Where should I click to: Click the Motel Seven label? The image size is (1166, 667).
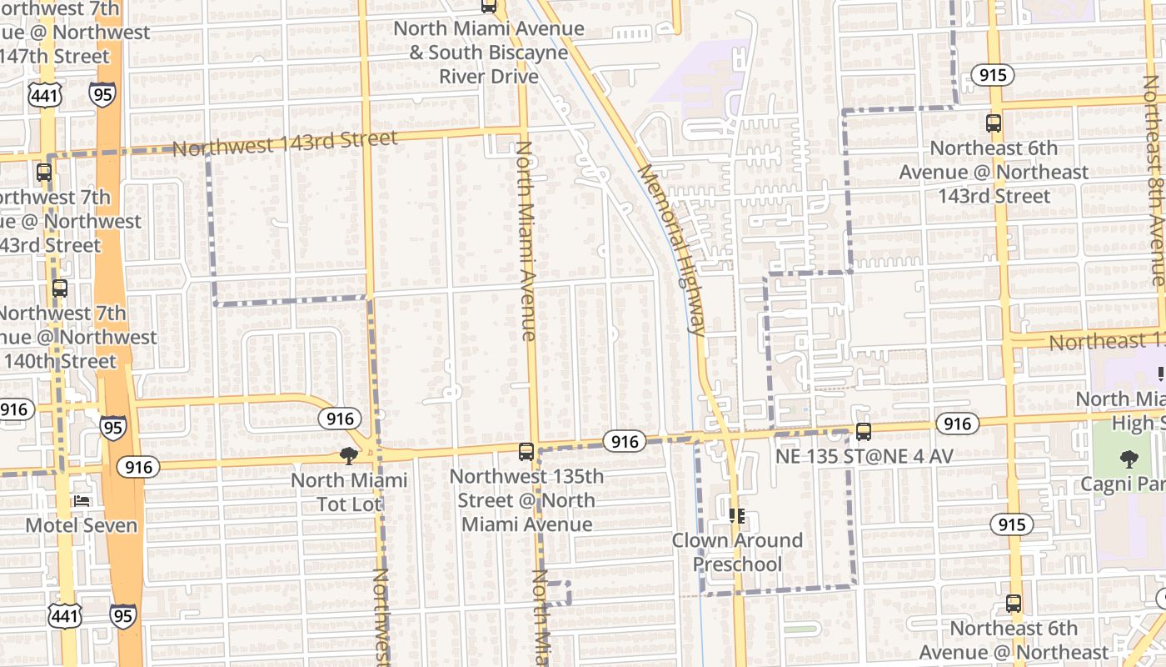(81, 525)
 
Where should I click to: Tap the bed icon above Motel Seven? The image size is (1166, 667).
(81, 500)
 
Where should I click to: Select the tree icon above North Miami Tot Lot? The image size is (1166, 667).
(349, 455)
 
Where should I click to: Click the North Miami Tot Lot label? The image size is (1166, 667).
(350, 492)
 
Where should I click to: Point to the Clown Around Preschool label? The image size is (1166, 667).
(738, 552)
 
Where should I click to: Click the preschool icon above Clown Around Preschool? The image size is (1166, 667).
(736, 516)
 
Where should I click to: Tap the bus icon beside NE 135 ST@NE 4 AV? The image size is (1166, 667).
(864, 432)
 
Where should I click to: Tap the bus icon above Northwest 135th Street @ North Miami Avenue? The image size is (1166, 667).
(526, 452)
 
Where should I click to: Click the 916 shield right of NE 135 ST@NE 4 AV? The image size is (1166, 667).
(958, 424)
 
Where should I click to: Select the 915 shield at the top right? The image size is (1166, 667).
(992, 75)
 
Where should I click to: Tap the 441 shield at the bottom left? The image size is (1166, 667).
(64, 616)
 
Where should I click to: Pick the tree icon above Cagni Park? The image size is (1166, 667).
(1129, 459)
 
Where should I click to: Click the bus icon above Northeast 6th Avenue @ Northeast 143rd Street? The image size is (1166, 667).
(994, 123)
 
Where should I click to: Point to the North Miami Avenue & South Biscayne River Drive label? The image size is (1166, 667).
(489, 52)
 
